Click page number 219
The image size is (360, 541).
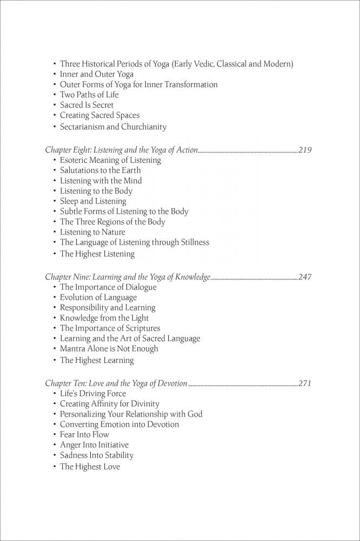coord(305,150)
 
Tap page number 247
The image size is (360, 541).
coord(305,277)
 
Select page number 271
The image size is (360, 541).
coord(305,384)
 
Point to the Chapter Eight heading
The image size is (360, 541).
coord(121,150)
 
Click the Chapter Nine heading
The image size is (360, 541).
coord(127,277)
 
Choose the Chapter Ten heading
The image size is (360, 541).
coord(116,384)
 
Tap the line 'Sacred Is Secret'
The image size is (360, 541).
coord(86,105)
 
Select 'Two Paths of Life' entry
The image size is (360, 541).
coord(89,95)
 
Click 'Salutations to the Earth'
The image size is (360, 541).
coord(100,170)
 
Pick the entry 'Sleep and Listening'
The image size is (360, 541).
coord(93,201)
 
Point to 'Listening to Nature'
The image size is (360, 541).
coord(92,232)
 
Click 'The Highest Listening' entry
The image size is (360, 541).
coord(97,254)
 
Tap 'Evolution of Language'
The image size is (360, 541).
coord(98,298)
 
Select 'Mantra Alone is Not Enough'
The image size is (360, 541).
coord(109,349)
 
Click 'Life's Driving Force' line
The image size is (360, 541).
coord(93,394)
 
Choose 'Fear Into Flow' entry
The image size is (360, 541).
coord(84,435)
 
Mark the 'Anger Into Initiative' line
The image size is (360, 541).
coord(95,445)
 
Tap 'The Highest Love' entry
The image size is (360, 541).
coord(90,467)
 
